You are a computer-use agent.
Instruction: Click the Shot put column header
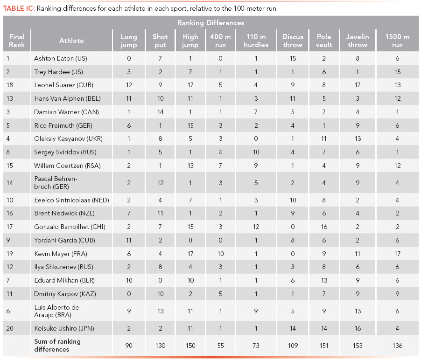click(160, 41)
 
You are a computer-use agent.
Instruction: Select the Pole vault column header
click(324, 41)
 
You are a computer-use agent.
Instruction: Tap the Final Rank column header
click(17, 41)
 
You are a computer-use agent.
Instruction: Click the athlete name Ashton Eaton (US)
click(61, 58)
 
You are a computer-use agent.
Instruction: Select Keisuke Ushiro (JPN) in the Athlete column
click(64, 329)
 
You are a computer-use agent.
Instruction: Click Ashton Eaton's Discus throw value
click(293, 58)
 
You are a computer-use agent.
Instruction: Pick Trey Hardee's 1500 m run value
click(396, 72)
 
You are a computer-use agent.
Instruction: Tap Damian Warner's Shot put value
click(160, 112)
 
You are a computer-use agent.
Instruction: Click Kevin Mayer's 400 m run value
click(220, 254)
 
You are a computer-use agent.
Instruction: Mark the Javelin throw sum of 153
click(358, 346)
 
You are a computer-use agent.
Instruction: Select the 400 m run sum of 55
click(220, 346)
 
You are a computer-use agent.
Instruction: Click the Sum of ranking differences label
click(57, 345)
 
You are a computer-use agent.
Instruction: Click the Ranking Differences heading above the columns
click(211, 23)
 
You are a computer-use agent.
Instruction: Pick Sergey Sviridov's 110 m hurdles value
click(256, 152)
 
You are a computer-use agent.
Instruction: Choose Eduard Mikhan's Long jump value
click(129, 281)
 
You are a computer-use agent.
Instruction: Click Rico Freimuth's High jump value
click(190, 125)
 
